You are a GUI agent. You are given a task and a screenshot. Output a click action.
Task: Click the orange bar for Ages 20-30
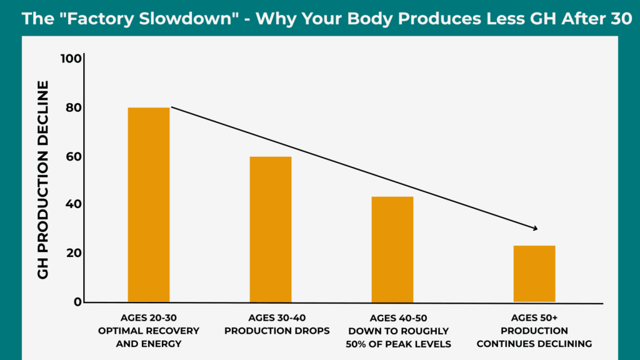coord(148,205)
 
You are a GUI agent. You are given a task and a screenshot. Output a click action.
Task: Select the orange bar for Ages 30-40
coord(270,229)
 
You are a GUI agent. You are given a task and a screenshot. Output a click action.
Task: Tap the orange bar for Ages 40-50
coord(392,249)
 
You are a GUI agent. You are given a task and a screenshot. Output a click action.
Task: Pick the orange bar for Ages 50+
coord(534,274)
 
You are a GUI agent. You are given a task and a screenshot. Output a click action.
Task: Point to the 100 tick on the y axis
coord(71,59)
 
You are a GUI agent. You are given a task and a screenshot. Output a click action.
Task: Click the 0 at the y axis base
coord(78,301)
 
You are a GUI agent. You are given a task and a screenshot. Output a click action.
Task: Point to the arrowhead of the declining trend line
coord(535,228)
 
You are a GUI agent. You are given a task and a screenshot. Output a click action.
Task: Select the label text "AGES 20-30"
coord(149,317)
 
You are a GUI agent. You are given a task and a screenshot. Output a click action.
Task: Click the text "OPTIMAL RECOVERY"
coord(149,331)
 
